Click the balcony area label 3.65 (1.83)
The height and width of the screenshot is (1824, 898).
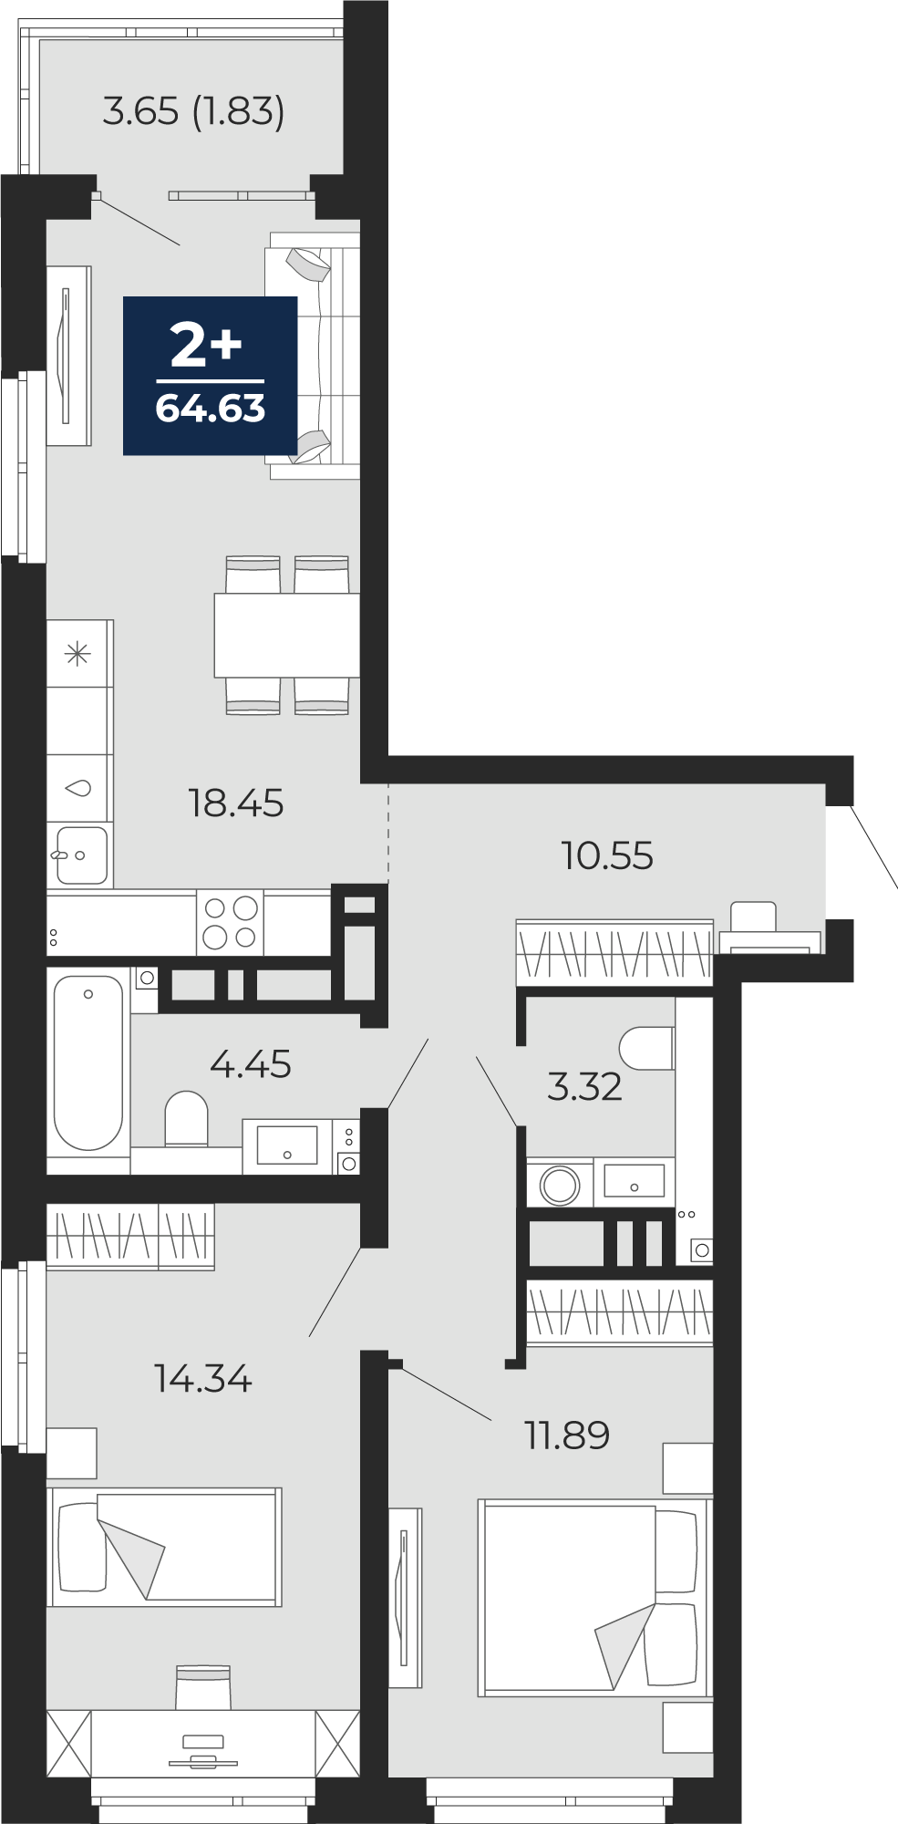coord(193,111)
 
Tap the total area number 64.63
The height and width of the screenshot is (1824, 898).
coord(211,409)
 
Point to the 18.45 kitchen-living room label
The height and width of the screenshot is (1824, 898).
coord(236,803)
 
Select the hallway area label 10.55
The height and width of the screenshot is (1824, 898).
coord(607,855)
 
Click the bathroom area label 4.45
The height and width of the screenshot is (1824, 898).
coord(251,1064)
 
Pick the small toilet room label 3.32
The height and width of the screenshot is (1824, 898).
coord(584,1086)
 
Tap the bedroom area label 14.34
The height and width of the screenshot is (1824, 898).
coord(202,1378)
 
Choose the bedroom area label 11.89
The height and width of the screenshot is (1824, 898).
coord(567,1435)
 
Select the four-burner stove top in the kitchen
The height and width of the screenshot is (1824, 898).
coord(230,923)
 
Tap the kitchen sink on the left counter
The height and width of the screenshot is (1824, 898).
coord(81,855)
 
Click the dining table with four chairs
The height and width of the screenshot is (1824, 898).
coord(286,635)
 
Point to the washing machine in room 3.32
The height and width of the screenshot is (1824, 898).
coord(560,1183)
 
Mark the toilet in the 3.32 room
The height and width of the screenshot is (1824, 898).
coord(646,1049)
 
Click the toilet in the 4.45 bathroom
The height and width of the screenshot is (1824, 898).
coord(187,1118)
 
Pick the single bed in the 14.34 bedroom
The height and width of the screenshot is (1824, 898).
coord(165,1548)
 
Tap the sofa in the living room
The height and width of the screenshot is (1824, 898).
coord(313,356)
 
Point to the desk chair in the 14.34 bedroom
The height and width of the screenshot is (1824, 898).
coord(203,1687)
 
